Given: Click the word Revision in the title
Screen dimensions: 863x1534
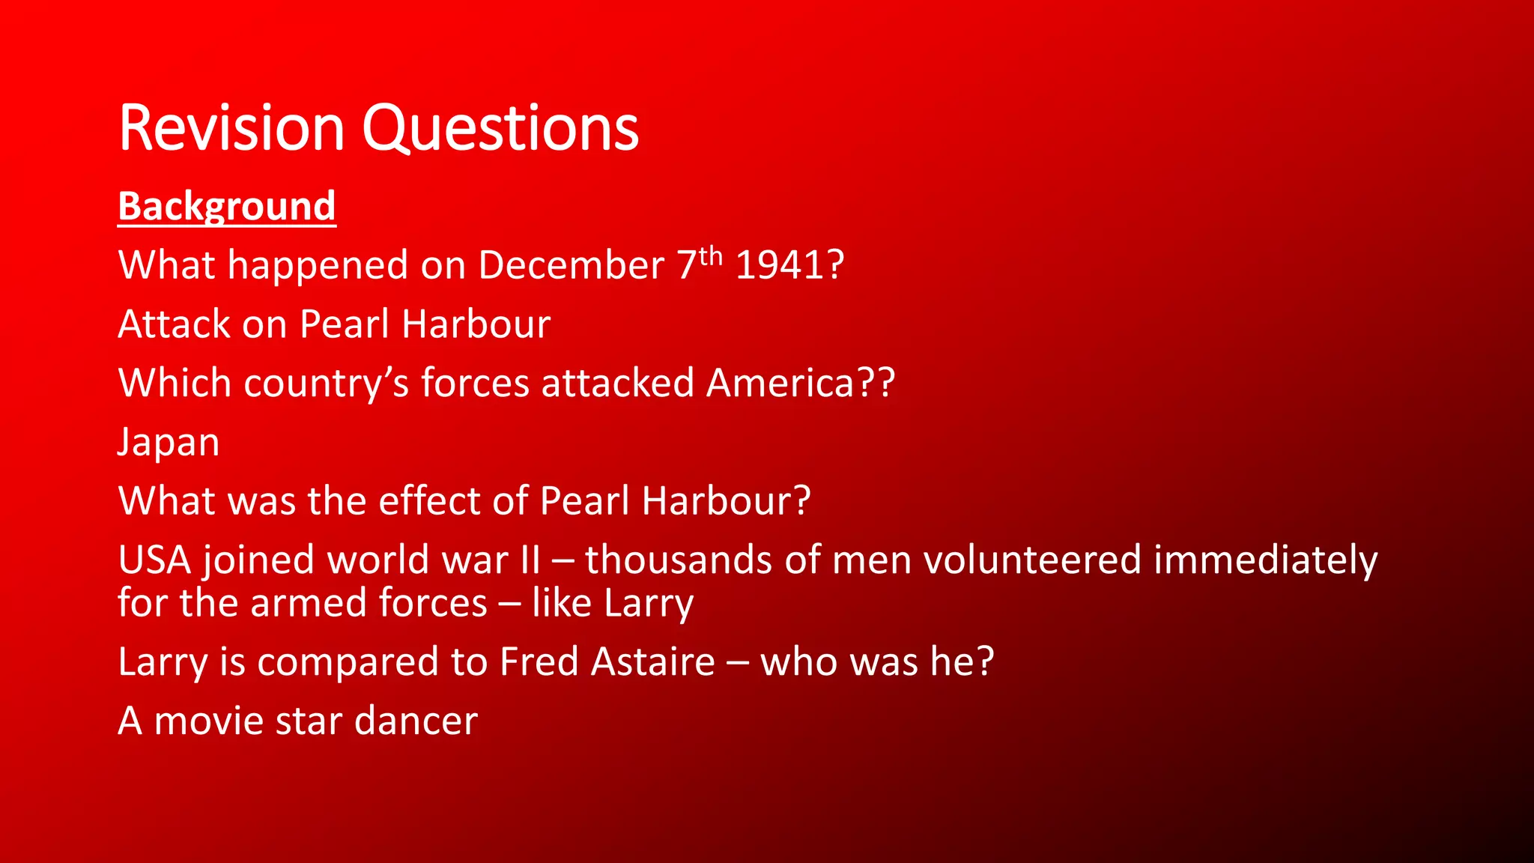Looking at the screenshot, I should [x=231, y=128].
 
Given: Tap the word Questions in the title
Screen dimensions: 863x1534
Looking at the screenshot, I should [x=500, y=128].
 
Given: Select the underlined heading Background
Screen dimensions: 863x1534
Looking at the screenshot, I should [x=227, y=206].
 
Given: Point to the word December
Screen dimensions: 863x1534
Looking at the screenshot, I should [x=571, y=265].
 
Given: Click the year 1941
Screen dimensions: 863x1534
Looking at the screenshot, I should [x=782, y=265].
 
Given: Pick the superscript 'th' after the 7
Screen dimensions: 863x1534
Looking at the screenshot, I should [x=711, y=256].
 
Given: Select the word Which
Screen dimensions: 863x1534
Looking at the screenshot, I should [x=175, y=383].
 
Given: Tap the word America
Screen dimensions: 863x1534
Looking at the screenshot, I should [x=780, y=383].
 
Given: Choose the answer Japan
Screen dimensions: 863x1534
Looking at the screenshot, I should [x=169, y=442].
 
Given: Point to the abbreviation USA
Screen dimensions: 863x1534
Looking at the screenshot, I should [x=154, y=560].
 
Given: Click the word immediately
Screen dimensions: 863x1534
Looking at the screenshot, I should [x=1265, y=560].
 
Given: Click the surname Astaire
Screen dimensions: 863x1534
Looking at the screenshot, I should [x=652, y=661].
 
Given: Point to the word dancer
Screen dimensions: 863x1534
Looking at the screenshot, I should [x=416, y=721].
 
